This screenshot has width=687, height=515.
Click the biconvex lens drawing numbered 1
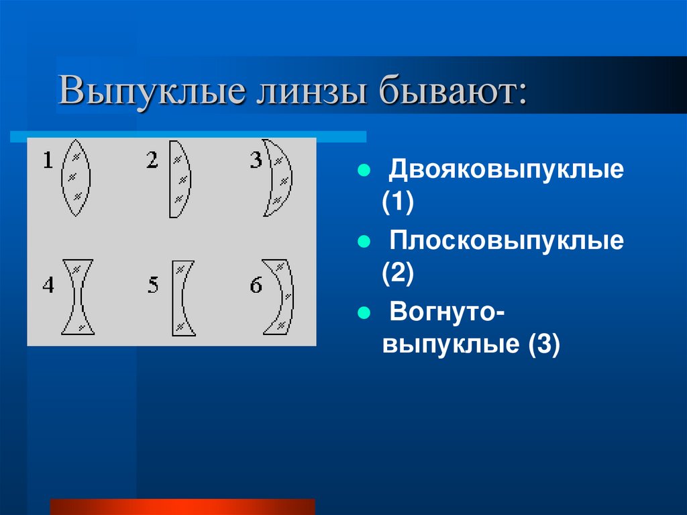(76, 177)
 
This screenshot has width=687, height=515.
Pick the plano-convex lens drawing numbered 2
(179, 178)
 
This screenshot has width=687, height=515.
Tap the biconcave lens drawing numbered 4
(77, 296)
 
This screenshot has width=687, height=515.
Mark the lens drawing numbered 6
(282, 296)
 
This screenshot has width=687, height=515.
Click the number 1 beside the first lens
(48, 160)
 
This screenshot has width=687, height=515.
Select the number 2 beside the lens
(152, 160)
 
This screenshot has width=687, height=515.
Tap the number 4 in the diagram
(48, 285)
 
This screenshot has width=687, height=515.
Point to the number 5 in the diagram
(154, 285)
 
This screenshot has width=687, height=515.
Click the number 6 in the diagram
(256, 285)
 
